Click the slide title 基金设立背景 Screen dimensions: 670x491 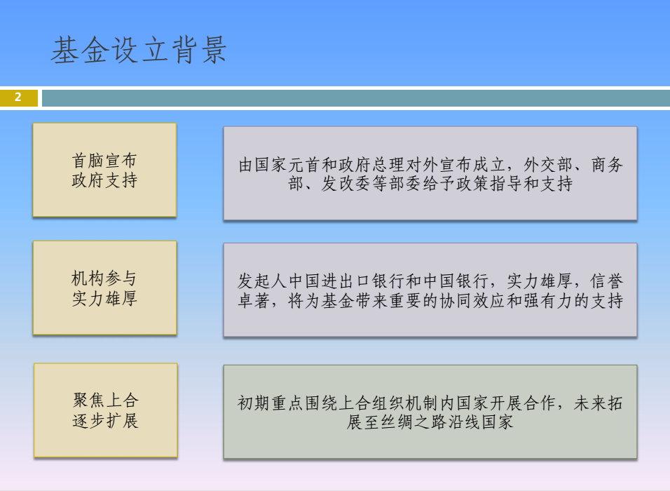139,51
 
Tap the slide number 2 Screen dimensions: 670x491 18,97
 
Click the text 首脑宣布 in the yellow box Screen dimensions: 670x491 104,161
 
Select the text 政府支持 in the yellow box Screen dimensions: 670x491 104,180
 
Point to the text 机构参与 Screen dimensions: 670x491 104,278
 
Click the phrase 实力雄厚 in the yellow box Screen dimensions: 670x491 104,298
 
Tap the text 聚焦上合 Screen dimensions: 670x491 106,401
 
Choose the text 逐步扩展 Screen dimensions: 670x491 106,420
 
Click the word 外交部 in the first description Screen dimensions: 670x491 548,165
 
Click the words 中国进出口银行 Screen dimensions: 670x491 346,281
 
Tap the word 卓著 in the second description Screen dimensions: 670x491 254,301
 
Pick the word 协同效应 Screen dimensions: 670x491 472,301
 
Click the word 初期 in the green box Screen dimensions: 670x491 254,403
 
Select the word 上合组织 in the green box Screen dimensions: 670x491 371,403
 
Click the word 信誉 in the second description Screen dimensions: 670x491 607,281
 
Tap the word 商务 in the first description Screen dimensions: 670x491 607,165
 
